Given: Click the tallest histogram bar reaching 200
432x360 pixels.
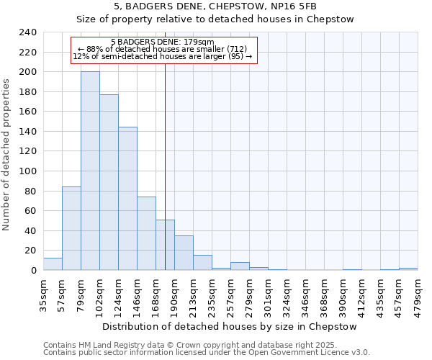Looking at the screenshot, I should pos(90,171).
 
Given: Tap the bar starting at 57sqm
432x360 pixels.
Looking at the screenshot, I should pos(71,228).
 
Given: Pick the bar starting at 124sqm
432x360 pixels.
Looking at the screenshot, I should pos(127,199).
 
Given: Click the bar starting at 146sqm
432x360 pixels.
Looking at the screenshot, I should pos(146,233).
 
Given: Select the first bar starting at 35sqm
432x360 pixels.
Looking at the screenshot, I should pos(53,264).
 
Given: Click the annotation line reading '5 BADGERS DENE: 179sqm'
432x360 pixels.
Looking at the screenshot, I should pos(163,42).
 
